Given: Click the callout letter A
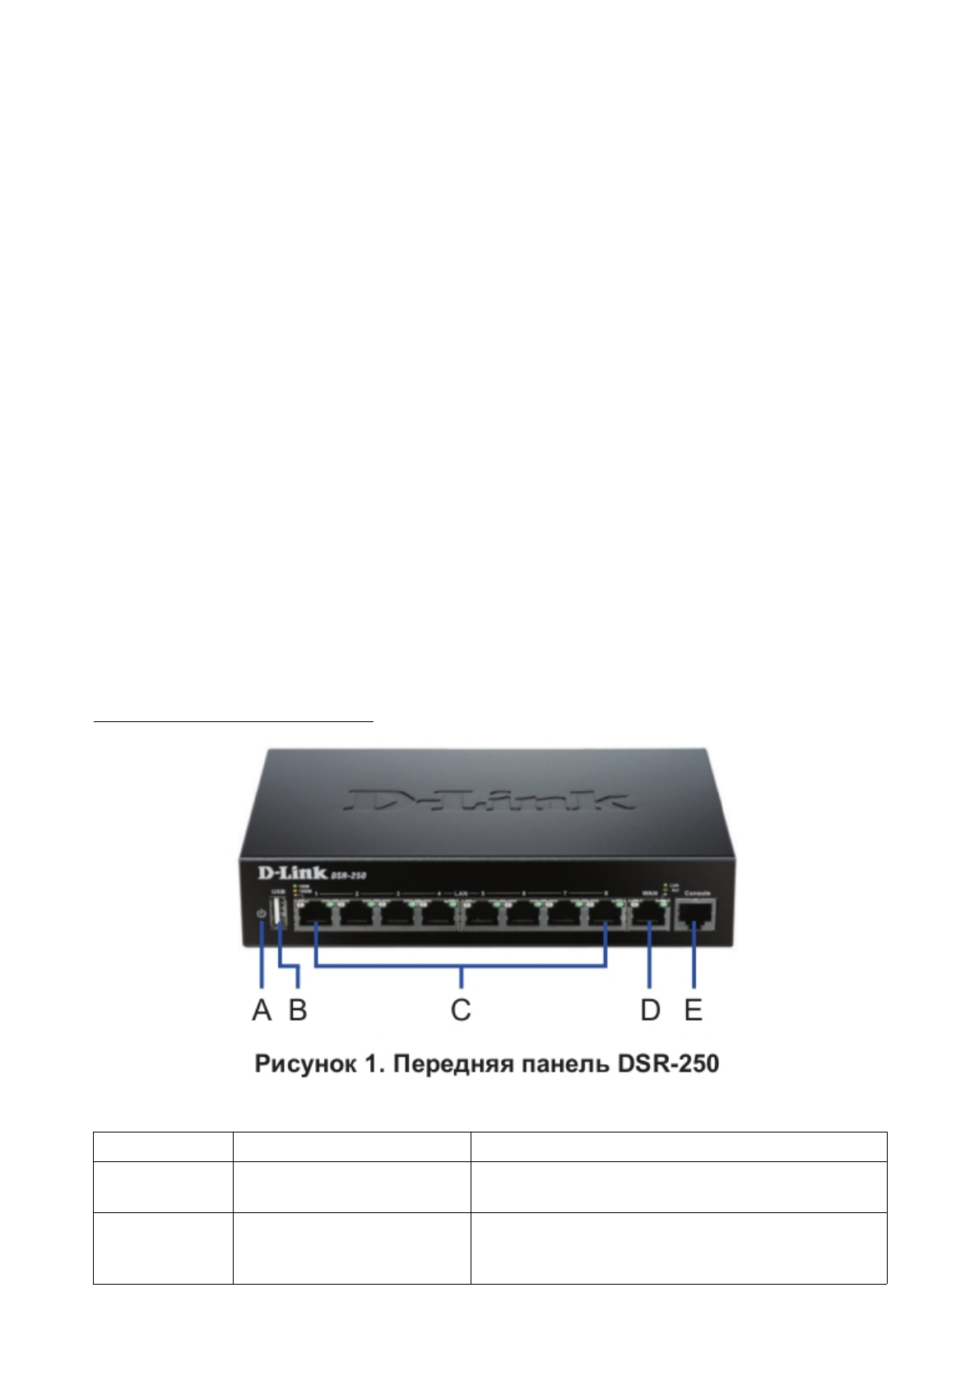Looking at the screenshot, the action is [262, 1009].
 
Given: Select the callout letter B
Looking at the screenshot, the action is [298, 1009].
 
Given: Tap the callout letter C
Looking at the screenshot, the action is [461, 1009].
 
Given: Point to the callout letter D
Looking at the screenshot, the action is [650, 1009].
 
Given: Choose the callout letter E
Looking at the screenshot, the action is [694, 1009].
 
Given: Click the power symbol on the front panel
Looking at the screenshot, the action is [262, 914].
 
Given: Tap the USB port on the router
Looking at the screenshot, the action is [278, 914].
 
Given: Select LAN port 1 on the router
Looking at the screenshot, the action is [314, 915].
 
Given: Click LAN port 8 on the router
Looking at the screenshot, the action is [605, 915].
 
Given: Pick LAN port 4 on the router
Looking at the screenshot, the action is [438, 915].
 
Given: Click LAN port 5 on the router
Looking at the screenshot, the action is [481, 915].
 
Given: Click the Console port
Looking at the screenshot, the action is [695, 915].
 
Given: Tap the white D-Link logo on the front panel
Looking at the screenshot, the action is [281, 873].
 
